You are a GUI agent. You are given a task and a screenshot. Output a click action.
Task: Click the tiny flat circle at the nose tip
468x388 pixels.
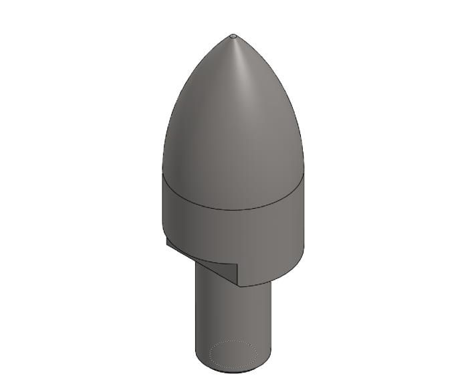coord(233,35)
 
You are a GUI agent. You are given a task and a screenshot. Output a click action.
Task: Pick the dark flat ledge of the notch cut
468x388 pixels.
coord(201,258)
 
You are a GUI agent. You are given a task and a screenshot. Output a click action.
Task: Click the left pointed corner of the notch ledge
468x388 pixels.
coord(166,239)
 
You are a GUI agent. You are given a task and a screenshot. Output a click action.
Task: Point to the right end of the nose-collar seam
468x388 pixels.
coord(305,175)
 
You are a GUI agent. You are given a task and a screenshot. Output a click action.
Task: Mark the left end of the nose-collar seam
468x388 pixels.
coord(162,175)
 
